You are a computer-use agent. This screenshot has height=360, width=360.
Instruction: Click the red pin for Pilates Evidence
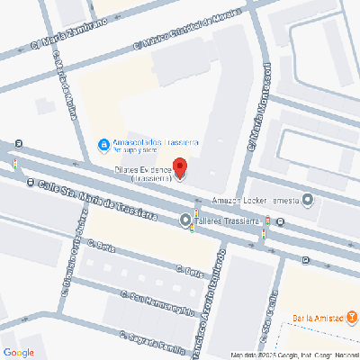point(179,167)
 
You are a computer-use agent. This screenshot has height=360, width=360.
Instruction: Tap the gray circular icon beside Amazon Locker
point(309,200)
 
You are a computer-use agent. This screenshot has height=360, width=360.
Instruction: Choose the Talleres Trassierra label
point(227,220)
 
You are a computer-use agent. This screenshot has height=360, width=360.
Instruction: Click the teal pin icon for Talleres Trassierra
point(186,220)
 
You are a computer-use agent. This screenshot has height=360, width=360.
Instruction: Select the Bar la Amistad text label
point(319,318)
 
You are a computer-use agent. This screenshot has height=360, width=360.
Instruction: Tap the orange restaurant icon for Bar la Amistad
point(352,318)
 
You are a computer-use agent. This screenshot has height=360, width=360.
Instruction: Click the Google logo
point(19,351)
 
